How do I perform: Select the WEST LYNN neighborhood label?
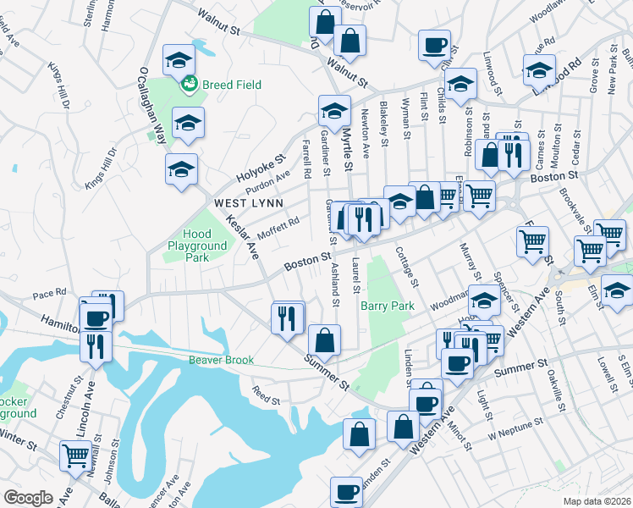pos(240,203)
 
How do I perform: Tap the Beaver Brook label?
pos(222,360)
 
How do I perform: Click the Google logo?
pos(28,498)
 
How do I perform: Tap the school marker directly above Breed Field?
pos(179,59)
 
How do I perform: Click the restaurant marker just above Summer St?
pos(288,317)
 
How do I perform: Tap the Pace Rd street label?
pos(49,294)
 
